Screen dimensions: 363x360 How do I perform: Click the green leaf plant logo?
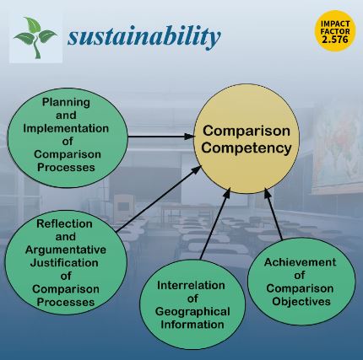[x=35, y=37]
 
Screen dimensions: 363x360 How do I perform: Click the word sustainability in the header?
[x=144, y=36]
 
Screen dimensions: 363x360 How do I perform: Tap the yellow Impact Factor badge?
[x=335, y=31]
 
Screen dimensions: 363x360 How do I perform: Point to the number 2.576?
[x=335, y=39]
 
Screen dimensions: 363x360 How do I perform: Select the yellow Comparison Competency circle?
[x=247, y=139]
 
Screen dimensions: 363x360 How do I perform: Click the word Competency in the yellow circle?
[x=247, y=148]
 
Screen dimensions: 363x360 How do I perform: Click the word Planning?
[x=66, y=103]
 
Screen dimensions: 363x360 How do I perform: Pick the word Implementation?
[x=66, y=128]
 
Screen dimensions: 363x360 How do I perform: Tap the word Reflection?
[x=64, y=223]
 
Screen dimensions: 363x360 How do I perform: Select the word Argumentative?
[x=66, y=250]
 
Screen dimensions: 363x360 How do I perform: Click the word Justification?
[x=64, y=263]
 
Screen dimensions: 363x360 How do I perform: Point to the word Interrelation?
[x=191, y=285]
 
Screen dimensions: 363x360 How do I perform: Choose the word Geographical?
[x=192, y=312]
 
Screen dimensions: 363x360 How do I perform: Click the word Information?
[x=192, y=325]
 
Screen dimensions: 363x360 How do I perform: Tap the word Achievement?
[x=300, y=262]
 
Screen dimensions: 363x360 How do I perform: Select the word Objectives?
[x=301, y=302]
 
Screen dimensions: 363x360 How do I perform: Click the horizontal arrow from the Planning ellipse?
[x=161, y=137]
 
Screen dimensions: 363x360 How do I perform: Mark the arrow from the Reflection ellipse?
[x=159, y=199]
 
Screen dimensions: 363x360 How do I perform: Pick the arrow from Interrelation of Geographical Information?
[x=215, y=223]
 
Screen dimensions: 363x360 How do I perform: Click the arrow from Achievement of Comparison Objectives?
[x=274, y=214]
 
